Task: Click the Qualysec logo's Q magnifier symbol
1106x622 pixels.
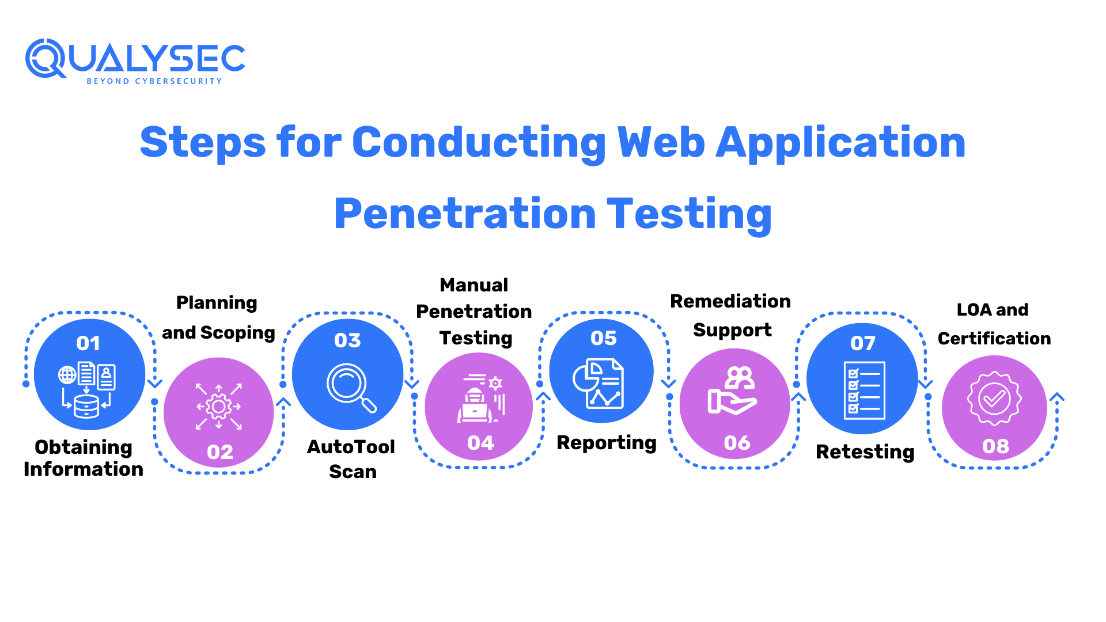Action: (45, 58)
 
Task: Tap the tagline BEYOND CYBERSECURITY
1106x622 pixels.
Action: (154, 81)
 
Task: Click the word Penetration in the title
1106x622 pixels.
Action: (465, 214)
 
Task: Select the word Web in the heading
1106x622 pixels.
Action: (661, 142)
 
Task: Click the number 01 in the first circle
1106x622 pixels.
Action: (88, 343)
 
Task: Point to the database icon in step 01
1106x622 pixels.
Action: (86, 405)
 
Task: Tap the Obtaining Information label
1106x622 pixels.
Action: (84, 458)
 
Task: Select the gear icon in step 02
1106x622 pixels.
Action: (219, 407)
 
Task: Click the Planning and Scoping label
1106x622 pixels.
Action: (218, 317)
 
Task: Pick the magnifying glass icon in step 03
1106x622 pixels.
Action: (351, 388)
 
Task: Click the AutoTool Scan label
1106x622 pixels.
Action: (351, 459)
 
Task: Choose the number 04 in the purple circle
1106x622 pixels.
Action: (480, 443)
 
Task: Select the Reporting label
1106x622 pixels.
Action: (607, 442)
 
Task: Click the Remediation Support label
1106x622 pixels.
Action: (730, 315)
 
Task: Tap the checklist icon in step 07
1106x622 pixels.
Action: (863, 390)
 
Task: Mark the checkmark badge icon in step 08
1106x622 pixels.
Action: (994, 399)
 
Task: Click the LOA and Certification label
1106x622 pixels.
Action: (994, 324)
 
